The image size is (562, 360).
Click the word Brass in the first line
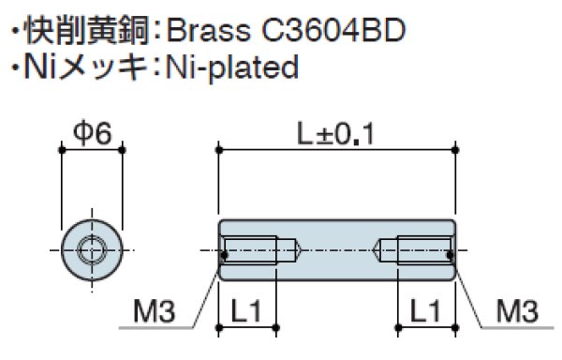click(x=208, y=30)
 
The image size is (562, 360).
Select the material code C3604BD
click(x=333, y=30)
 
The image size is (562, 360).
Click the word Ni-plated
click(x=232, y=68)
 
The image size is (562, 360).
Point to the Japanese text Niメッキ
click(x=85, y=67)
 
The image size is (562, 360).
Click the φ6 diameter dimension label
click(x=93, y=134)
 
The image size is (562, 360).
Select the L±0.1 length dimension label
click(x=336, y=134)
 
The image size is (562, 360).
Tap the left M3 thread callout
click(x=155, y=311)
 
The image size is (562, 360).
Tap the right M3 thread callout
click(x=517, y=311)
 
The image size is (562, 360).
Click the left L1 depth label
click(x=246, y=311)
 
